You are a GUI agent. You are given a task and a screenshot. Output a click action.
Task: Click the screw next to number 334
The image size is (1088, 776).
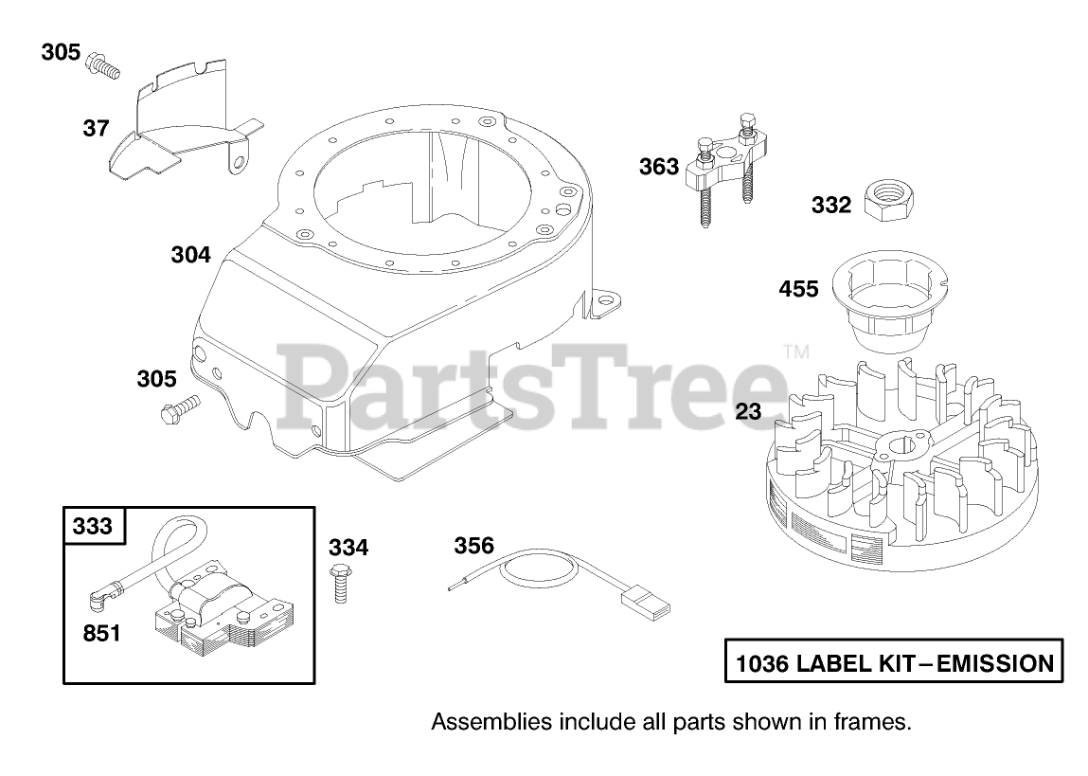click(x=338, y=584)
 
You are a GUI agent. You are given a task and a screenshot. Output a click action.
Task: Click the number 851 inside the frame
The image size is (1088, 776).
click(x=101, y=632)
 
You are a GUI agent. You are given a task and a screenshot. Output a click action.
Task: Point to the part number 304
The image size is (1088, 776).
click(x=190, y=255)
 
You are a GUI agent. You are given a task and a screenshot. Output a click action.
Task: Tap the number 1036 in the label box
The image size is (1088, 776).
click(x=761, y=663)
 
